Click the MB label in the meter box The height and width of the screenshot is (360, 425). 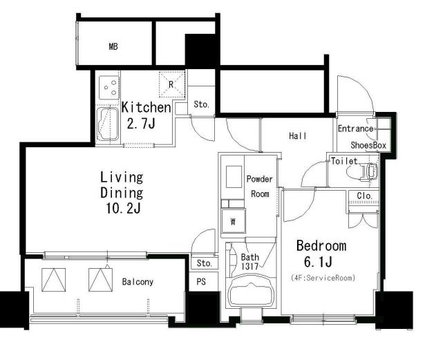(113, 46)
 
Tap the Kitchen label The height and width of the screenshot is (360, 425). (146, 107)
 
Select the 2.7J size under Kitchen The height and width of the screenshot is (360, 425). (141, 124)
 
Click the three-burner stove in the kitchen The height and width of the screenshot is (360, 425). (109, 88)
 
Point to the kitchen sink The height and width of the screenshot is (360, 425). (108, 124)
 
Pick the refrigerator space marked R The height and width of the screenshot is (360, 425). (171, 84)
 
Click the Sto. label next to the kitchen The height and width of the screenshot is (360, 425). (201, 104)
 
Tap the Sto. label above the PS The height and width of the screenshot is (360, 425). (204, 263)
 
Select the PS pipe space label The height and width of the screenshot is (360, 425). (201, 282)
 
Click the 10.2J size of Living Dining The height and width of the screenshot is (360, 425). (123, 209)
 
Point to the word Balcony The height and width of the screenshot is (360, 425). (138, 282)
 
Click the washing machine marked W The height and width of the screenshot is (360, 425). (233, 221)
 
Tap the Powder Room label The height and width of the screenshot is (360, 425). (260, 187)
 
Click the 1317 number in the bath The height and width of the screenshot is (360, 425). (249, 267)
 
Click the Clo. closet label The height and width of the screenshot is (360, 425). (364, 196)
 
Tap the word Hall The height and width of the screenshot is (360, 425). (298, 135)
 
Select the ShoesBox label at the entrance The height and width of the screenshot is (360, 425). (368, 145)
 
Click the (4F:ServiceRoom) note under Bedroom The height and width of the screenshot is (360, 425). (323, 278)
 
